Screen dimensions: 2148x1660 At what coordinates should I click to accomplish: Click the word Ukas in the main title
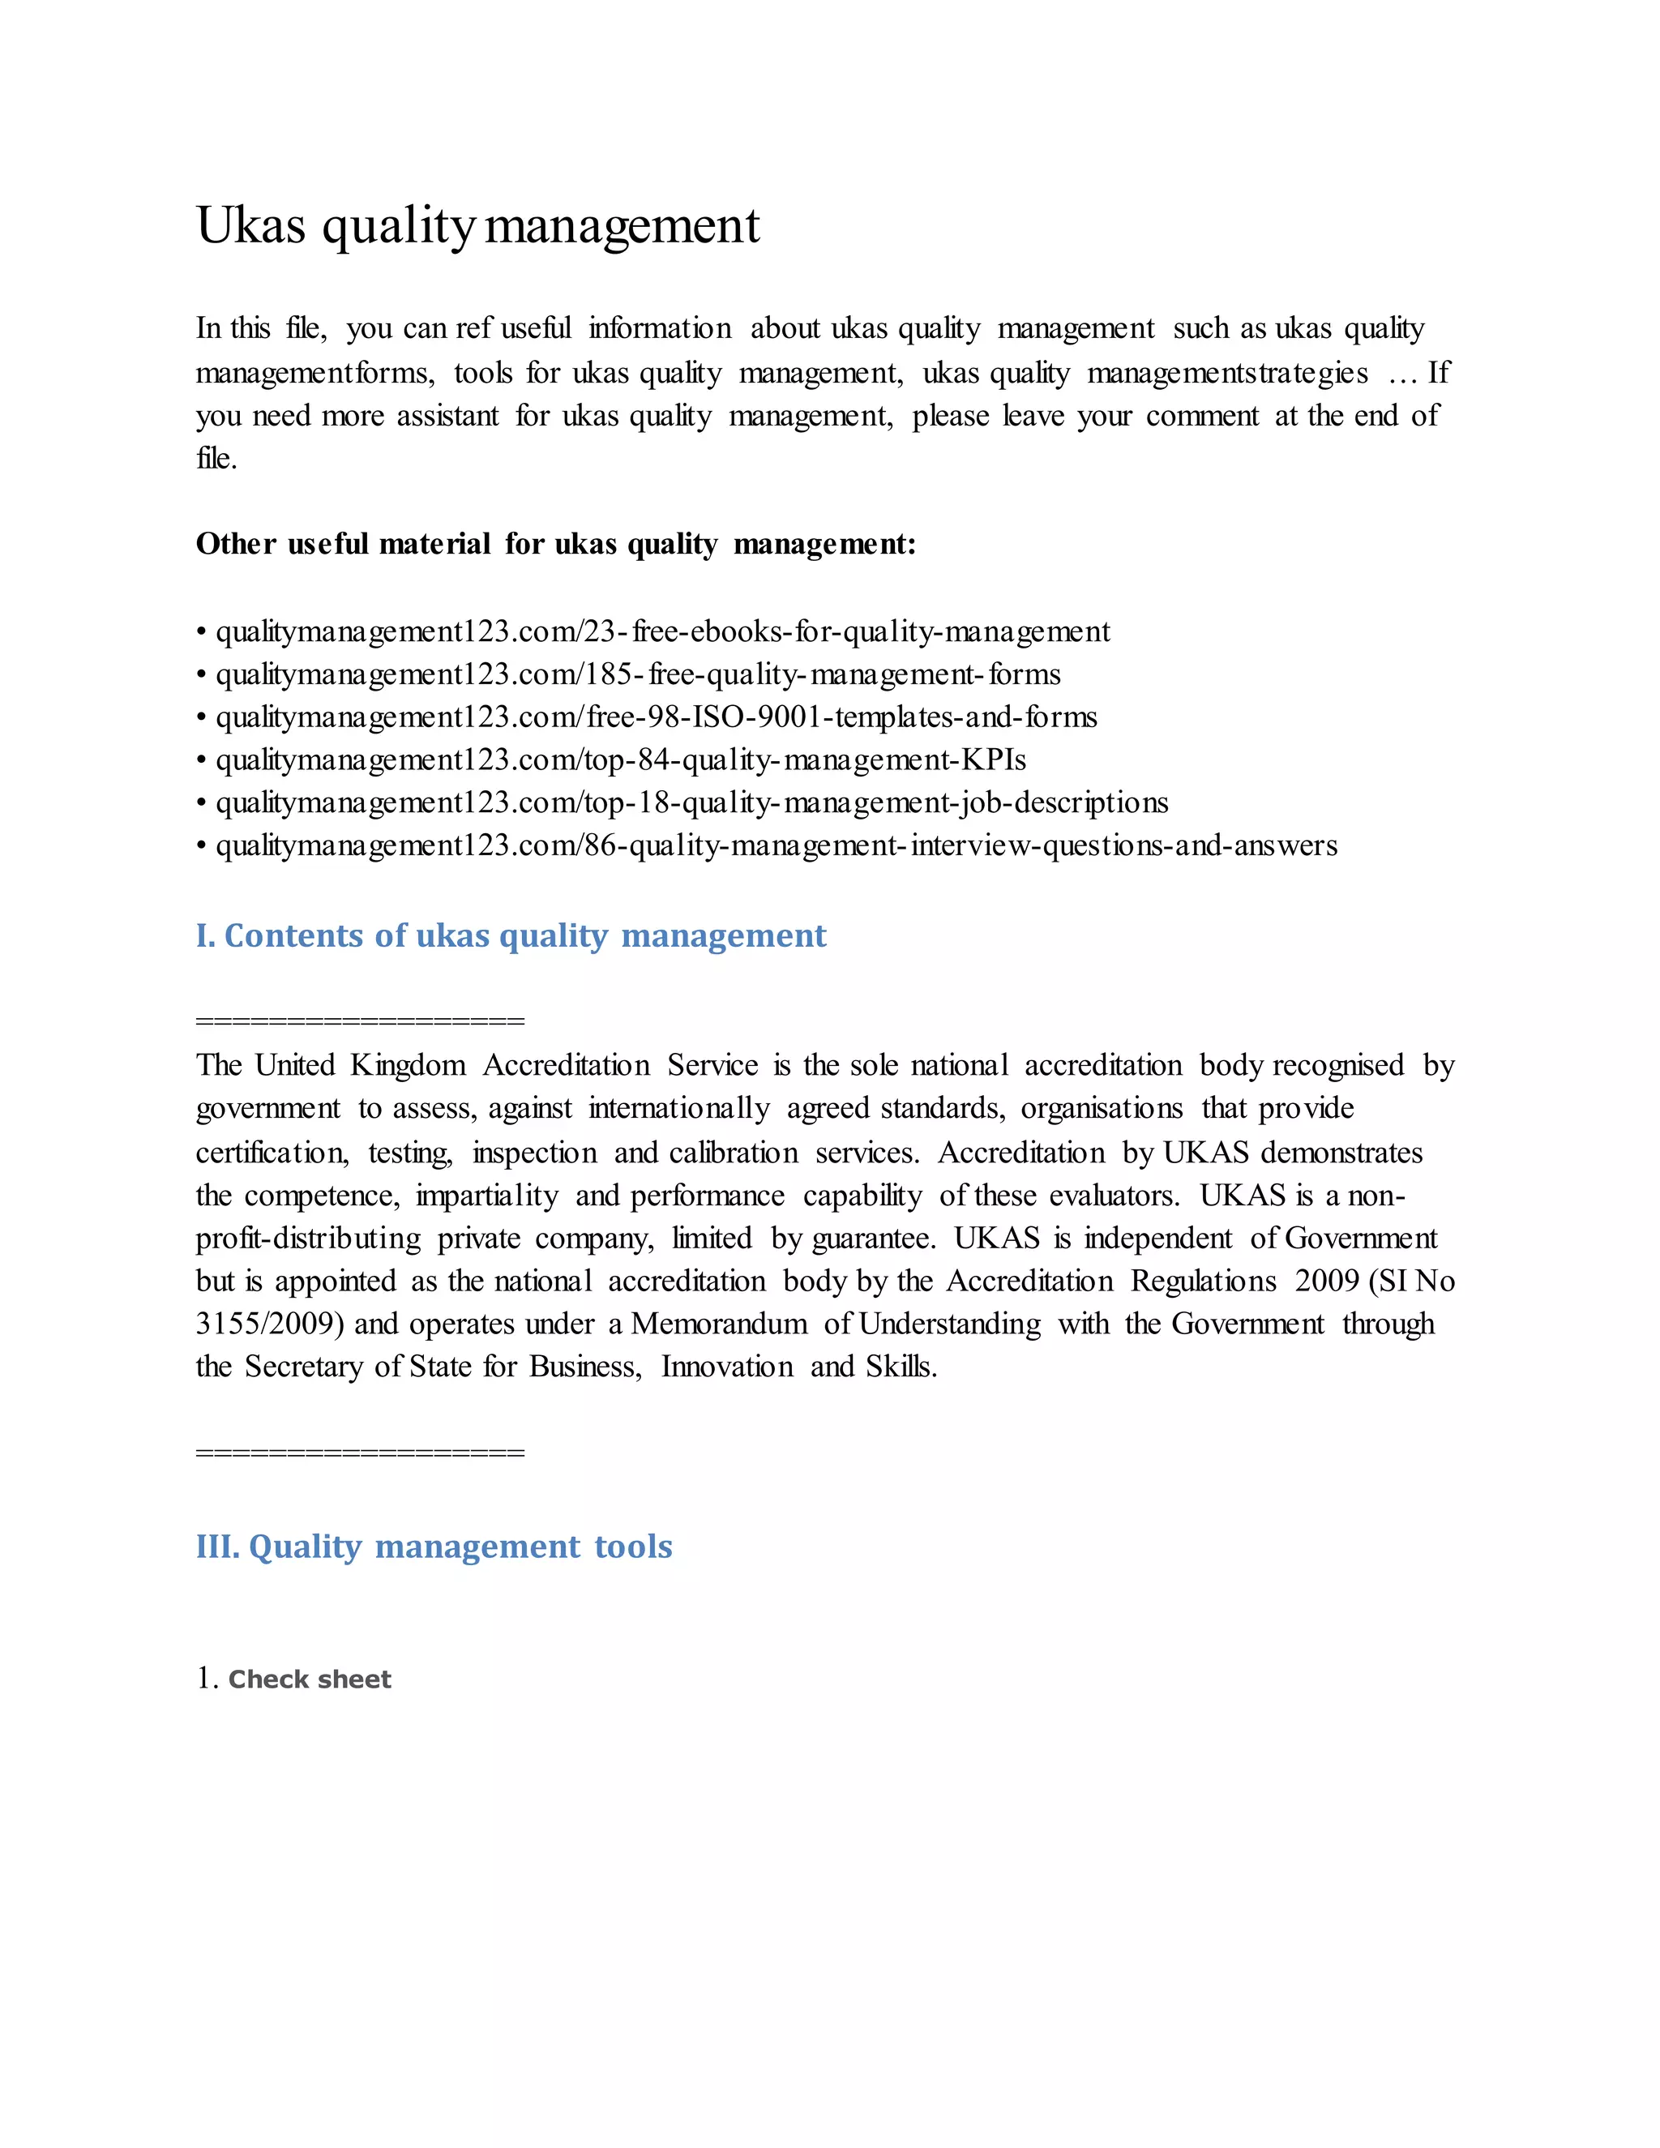[x=250, y=225]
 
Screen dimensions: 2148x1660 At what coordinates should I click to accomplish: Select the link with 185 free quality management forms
[x=637, y=674]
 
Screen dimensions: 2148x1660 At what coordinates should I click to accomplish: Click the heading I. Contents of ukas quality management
[x=511, y=935]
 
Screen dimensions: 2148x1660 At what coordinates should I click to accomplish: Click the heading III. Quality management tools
[x=434, y=1546]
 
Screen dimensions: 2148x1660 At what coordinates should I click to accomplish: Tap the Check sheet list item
[x=309, y=1679]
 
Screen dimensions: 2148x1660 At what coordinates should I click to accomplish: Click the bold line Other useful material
[x=554, y=544]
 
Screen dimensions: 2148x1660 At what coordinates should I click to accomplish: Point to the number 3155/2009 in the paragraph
[x=268, y=1324]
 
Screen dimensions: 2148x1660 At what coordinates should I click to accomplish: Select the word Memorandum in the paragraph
[x=719, y=1324]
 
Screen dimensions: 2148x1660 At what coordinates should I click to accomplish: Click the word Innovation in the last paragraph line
[x=727, y=1367]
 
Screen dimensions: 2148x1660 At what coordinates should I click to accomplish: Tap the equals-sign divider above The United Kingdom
[x=360, y=1021]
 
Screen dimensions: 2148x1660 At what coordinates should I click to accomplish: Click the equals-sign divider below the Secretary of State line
[x=360, y=1453]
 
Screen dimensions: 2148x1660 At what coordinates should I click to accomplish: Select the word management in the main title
[x=622, y=225]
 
